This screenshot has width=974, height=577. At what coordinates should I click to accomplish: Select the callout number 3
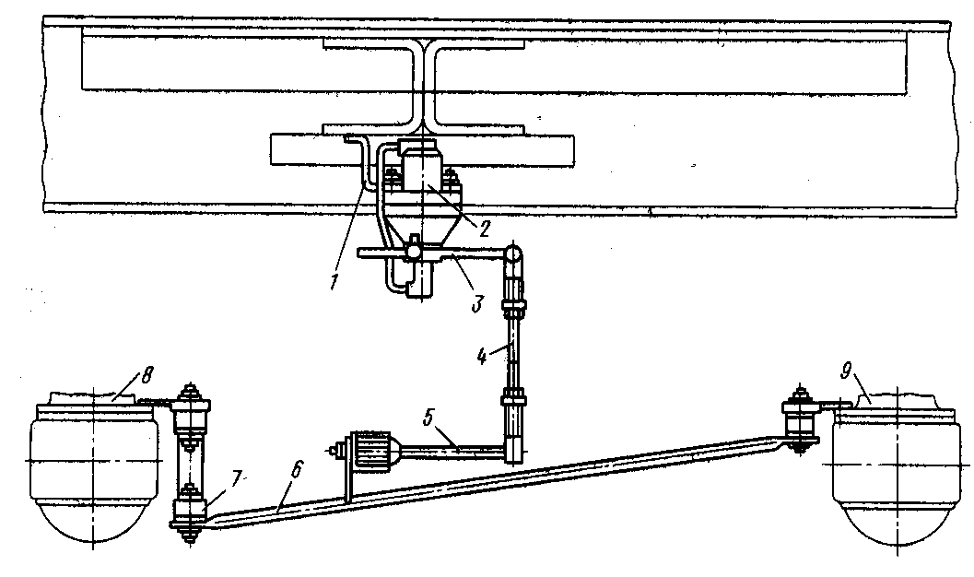(x=477, y=302)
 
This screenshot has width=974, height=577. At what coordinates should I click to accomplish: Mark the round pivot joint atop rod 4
(x=512, y=252)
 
